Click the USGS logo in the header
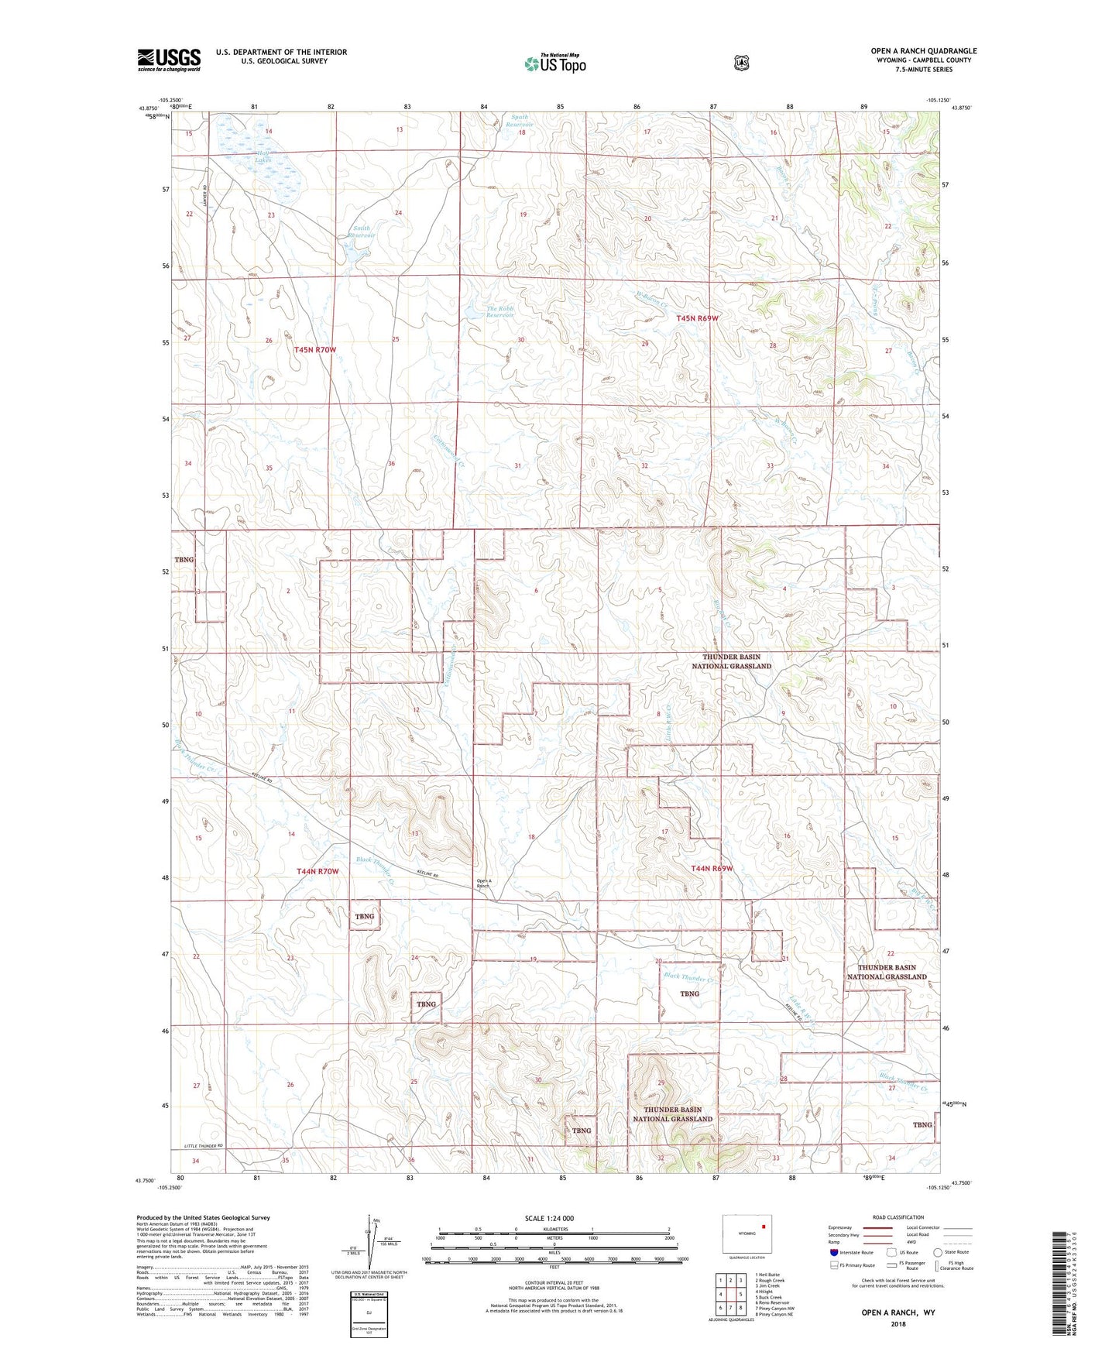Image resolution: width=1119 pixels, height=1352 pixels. [169, 60]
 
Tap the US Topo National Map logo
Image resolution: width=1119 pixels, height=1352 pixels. [554, 63]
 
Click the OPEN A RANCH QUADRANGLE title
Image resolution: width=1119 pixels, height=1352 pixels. [923, 51]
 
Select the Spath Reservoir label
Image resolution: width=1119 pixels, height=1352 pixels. [519, 121]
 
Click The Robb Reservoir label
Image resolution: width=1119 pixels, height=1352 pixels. [499, 312]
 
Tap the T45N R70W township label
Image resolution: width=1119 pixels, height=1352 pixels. [315, 350]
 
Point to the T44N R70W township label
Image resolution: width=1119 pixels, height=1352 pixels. [318, 871]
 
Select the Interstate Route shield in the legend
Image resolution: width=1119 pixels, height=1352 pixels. [833, 1252]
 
